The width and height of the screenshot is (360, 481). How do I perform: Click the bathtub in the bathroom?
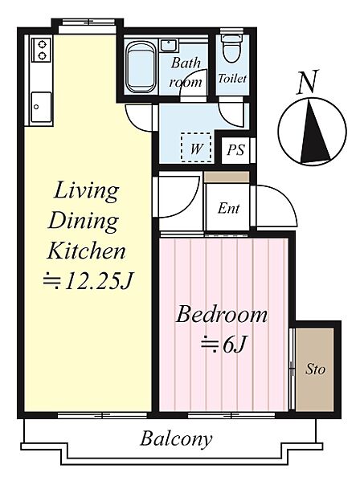141,67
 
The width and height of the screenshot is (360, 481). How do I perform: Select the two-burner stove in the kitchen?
42,50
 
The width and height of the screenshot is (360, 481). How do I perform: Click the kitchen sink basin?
41,107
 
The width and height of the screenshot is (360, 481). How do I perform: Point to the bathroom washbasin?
168,44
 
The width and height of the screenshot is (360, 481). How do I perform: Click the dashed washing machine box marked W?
196,148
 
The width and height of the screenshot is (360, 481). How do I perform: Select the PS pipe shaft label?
235,150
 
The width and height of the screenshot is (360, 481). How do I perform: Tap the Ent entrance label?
229,209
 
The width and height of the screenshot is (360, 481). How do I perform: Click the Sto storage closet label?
315,369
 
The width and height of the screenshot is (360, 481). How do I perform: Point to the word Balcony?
176,439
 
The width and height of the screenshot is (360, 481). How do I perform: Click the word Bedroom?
221,315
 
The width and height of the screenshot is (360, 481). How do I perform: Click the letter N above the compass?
307,81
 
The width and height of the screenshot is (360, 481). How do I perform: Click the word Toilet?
232,78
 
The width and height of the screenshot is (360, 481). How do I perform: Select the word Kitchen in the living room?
86,251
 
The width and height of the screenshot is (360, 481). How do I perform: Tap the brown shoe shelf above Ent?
227,177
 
